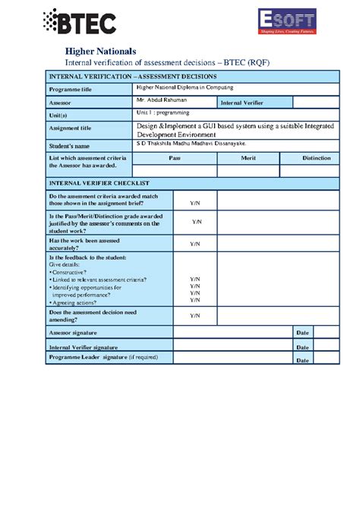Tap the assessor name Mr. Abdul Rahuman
(x=161, y=99)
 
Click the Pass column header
(x=174, y=158)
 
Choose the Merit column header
(x=248, y=158)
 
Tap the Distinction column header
(x=316, y=158)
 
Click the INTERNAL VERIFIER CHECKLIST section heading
(x=99, y=184)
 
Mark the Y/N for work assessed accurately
(x=195, y=244)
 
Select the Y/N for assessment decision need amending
(x=195, y=315)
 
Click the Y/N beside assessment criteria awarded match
(x=195, y=202)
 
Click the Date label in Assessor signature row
(x=302, y=333)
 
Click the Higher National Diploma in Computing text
(x=185, y=87)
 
